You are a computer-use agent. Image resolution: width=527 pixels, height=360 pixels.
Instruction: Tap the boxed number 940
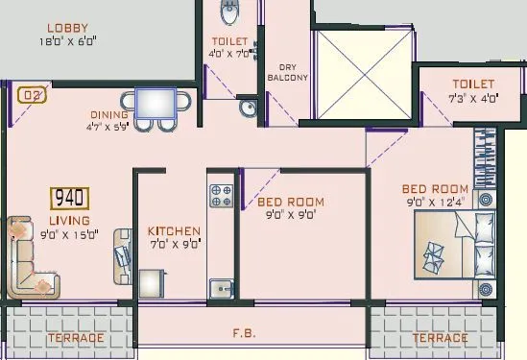[x=70, y=199]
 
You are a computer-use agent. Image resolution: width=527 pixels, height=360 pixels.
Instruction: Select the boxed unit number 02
[x=32, y=95]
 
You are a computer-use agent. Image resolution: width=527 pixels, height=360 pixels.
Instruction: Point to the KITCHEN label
[x=174, y=231]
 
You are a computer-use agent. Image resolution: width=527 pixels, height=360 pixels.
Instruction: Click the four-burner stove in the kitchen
[x=222, y=195]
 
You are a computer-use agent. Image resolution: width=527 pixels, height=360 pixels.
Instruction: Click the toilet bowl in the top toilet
[x=230, y=12]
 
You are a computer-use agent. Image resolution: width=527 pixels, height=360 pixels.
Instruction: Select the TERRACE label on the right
[x=441, y=338]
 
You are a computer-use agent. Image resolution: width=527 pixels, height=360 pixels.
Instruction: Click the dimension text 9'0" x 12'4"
[x=435, y=203]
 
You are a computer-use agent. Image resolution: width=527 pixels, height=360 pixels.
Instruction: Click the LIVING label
[x=69, y=220]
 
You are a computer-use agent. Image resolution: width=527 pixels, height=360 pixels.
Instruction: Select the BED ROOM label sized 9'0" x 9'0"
[x=291, y=203]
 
